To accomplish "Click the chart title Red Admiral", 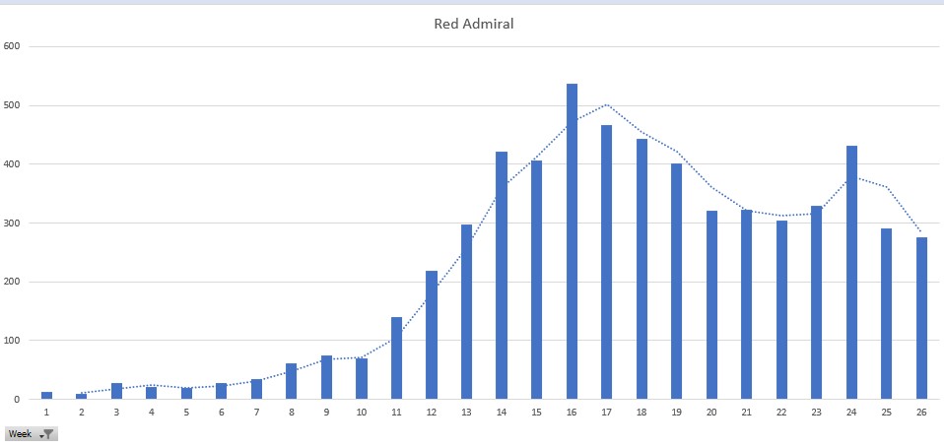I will (x=473, y=24).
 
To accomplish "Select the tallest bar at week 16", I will (x=572, y=241).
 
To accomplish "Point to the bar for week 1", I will (x=46, y=396).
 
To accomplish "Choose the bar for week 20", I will (x=711, y=305).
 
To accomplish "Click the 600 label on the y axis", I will (x=12, y=46).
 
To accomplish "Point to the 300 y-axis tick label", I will (x=12, y=223).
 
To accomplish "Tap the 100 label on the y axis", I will (x=12, y=341).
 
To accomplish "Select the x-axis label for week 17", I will (x=606, y=412).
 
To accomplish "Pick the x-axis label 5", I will (x=186, y=412).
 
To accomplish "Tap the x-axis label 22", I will (x=781, y=412).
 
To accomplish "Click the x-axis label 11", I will (x=396, y=412).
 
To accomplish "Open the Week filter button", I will (x=47, y=434).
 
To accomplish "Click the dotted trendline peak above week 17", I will (x=607, y=104).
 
